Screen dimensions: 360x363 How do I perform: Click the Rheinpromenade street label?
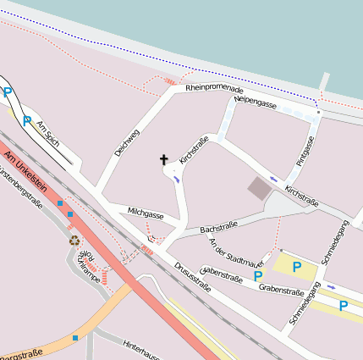[214, 88]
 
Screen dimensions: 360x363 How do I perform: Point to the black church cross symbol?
[164, 159]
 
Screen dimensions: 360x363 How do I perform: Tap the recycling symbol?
[74, 240]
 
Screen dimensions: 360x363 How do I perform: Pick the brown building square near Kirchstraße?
[259, 188]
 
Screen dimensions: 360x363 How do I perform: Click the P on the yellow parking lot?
[297, 267]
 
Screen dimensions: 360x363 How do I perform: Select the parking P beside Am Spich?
[26, 120]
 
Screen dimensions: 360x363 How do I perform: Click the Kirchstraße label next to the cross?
[193, 148]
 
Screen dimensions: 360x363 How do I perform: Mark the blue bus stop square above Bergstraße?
[75, 338]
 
